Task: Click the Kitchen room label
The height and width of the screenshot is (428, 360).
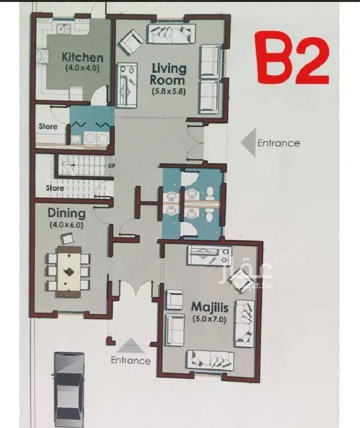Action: [x=83, y=57]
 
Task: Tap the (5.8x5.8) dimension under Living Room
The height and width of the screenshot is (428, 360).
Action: [x=169, y=91]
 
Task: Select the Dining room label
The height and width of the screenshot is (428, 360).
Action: [x=67, y=213]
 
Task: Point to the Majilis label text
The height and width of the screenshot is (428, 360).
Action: [x=210, y=307]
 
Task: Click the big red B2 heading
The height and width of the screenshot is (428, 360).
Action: [x=292, y=58]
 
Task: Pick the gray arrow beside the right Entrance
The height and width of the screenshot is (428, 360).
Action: [x=248, y=142]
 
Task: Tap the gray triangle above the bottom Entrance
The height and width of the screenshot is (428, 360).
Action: [x=131, y=345]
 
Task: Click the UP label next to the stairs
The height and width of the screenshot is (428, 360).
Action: [x=111, y=166]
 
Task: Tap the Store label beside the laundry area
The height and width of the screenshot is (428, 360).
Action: [x=48, y=126]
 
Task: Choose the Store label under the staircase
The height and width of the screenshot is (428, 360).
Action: [x=55, y=188]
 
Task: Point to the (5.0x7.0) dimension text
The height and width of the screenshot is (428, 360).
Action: [x=209, y=319]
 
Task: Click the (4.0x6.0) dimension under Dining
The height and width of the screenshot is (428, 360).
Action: [x=66, y=225]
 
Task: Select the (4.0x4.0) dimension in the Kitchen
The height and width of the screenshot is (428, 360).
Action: [x=83, y=68]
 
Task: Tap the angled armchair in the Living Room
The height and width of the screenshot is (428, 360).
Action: [x=131, y=42]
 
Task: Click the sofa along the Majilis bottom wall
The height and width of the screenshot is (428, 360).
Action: [x=210, y=361]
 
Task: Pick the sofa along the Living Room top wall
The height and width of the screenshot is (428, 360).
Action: [x=172, y=34]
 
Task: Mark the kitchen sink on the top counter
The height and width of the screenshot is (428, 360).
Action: [x=63, y=28]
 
